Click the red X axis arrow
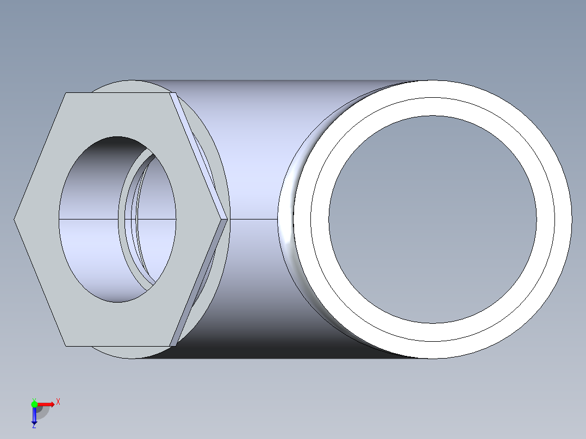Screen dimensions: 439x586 tap(46, 404)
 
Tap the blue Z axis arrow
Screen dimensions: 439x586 tap(34, 416)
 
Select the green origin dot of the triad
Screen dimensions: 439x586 tap(34, 404)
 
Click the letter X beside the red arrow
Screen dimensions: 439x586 tap(58, 402)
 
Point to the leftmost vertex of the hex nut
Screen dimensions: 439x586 tap(15, 219)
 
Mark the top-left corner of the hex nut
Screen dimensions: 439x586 tap(66, 93)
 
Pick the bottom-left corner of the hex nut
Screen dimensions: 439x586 tap(66, 346)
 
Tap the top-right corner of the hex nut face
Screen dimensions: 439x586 tap(170, 93)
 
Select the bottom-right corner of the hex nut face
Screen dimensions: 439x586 tap(170, 346)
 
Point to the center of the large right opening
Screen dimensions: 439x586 tap(433, 220)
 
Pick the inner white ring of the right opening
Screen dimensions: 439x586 tap(320, 220)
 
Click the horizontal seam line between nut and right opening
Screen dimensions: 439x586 tap(253, 219)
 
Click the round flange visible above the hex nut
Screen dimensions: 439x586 tap(125, 86)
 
